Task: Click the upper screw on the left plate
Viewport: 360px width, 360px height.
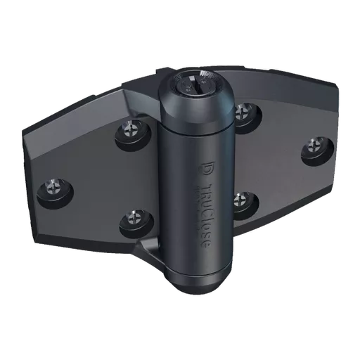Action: point(131,131)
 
